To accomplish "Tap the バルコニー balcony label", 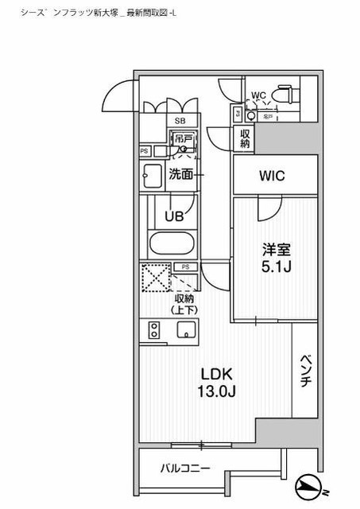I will coord(183,468).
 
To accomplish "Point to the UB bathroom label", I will coord(174,215).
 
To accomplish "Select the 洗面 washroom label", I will coord(181,175).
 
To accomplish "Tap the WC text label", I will coord(258,96).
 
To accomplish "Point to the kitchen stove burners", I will coord(153,330).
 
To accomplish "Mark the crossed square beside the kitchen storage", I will coord(154,278).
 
